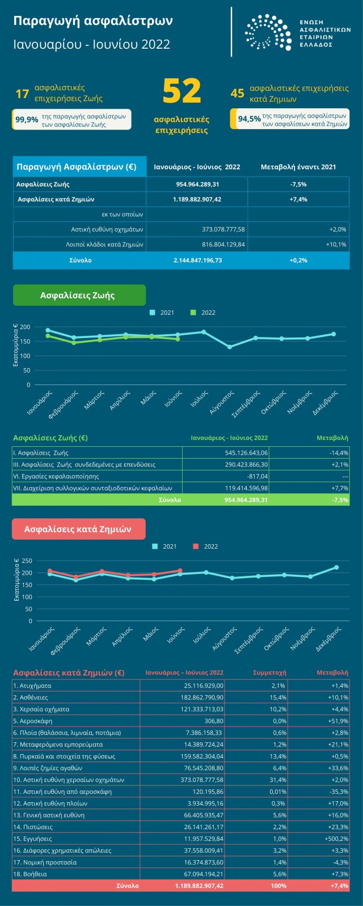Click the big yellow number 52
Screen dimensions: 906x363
click(181, 92)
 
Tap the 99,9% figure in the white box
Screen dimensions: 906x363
click(27, 119)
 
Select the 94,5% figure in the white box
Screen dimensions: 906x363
click(250, 119)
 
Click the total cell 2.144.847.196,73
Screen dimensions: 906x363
click(197, 260)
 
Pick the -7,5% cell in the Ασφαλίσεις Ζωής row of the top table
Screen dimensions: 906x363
click(298, 185)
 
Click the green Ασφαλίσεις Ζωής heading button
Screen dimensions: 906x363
click(79, 295)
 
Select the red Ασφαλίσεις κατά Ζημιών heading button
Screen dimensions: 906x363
click(78, 529)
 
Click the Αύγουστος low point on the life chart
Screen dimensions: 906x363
click(230, 347)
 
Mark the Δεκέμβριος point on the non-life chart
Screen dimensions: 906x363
click(336, 567)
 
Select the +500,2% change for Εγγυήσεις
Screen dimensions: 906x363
click(336, 839)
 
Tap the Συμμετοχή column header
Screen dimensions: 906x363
click(269, 673)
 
